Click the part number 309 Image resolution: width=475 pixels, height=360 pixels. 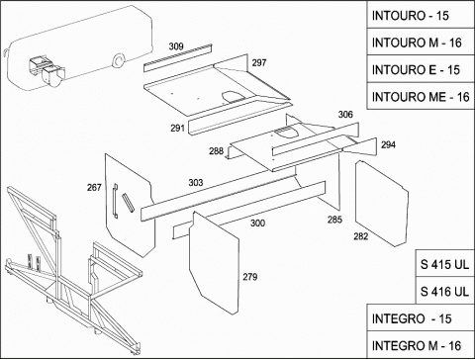point(176,46)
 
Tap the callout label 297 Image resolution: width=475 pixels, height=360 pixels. point(259,62)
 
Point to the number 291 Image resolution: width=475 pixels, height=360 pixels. point(177,128)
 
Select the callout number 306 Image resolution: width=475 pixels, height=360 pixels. point(345,115)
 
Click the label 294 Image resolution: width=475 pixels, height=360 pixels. point(388,144)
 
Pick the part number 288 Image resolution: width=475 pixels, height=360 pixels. point(216,151)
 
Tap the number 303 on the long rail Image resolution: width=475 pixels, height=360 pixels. point(196,182)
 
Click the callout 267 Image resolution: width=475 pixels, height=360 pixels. point(94,187)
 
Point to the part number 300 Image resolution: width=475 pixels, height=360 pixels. point(257,224)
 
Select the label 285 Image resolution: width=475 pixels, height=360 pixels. point(334,220)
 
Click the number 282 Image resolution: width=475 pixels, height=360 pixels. point(361,236)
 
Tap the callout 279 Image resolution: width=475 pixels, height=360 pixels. point(250,277)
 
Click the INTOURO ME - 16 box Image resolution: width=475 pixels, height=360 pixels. point(421,96)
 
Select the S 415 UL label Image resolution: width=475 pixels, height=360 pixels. point(444,264)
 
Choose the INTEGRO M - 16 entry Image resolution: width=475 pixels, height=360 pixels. point(421,345)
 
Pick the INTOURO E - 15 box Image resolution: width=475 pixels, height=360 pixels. point(421,69)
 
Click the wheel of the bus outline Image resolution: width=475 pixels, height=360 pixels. point(118,60)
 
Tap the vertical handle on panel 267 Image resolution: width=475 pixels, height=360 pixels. point(115,200)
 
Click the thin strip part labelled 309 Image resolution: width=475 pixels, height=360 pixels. point(177,58)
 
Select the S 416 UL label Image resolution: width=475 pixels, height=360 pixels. point(444,291)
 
